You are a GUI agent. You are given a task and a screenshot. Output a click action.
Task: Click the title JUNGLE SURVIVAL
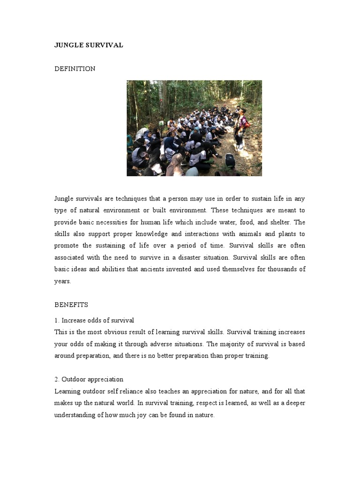point(89,45)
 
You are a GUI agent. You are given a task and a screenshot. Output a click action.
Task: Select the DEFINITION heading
point(75,69)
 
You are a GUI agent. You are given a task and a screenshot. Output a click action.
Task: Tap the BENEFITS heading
point(71,305)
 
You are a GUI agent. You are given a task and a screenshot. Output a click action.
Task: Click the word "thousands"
point(280,269)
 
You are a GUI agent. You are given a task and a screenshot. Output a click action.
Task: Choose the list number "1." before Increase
point(57,321)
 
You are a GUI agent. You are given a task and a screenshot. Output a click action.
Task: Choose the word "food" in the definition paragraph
point(256,222)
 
